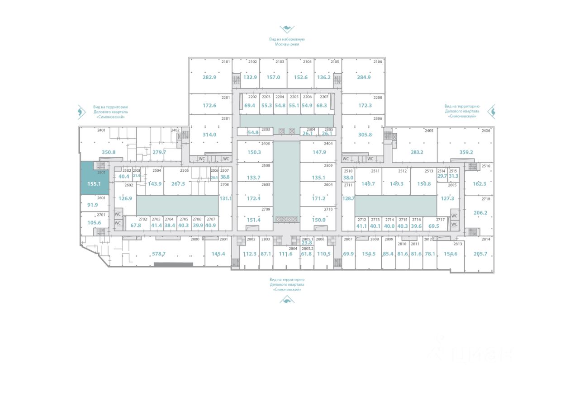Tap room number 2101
[226, 62]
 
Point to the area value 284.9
[364, 77]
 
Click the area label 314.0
[209, 135]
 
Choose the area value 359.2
[466, 152]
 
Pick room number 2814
[486, 239]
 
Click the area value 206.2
[480, 213]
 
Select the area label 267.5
[178, 184]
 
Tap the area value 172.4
[254, 198]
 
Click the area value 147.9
[319, 152]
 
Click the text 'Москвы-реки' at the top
[287, 44]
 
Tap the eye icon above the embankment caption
[287, 29]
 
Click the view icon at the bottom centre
[287, 299]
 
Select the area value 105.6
[94, 223]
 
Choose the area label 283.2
[417, 152]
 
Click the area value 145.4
[218, 254]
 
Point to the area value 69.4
[250, 106]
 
